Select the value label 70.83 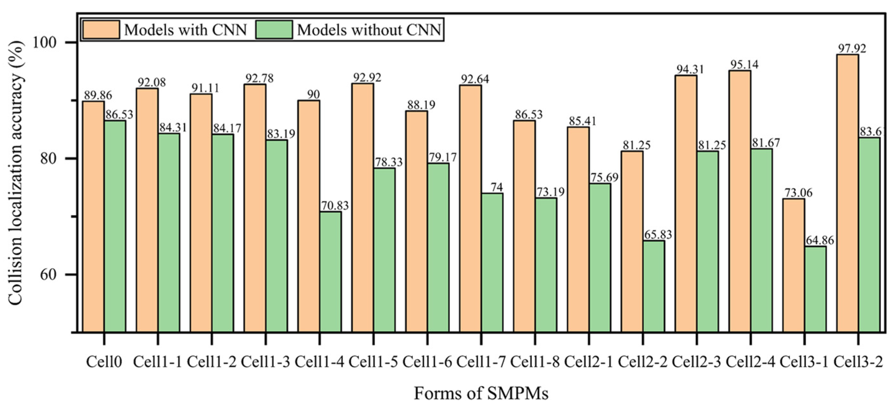coord(335,206)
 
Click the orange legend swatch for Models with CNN coord(101,29)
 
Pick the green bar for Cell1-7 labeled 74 coord(492,262)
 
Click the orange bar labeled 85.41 coord(578,229)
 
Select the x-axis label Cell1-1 coord(158,362)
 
